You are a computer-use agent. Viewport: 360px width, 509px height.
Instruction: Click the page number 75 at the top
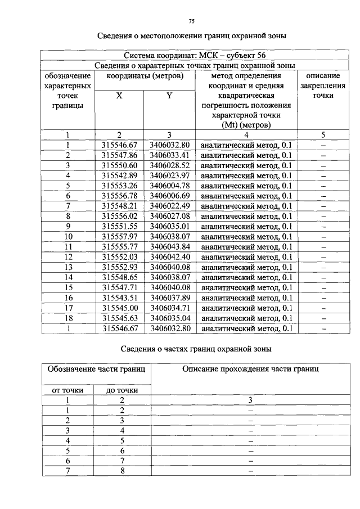coord(191,21)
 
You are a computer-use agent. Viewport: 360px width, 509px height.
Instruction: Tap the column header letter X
coord(119,96)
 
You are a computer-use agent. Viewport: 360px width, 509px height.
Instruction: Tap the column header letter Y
coord(169,96)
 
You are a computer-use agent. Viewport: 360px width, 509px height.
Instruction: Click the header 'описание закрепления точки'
coord(323,85)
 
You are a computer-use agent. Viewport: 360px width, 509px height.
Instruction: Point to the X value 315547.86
coord(119,155)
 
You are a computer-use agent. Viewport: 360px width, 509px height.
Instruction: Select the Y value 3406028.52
coord(169,165)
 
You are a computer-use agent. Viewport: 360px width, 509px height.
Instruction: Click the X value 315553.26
coord(119,186)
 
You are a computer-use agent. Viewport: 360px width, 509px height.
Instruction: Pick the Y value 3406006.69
coord(169,196)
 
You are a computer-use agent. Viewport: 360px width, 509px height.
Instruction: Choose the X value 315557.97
coord(119,236)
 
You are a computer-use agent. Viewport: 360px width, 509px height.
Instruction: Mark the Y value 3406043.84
coord(169,246)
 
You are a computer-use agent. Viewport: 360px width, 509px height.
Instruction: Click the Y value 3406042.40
coord(169,256)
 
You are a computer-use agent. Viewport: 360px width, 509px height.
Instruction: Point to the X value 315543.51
coord(119,298)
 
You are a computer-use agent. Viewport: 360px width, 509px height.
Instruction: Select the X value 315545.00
coord(119,308)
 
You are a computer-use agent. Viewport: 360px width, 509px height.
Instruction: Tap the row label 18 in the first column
coord(68,318)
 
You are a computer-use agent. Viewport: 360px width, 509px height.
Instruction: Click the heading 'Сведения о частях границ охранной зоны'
coord(191,349)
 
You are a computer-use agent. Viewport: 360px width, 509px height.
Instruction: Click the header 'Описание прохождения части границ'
coord(250,370)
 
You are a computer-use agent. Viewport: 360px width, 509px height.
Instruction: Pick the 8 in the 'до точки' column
coord(121,471)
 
